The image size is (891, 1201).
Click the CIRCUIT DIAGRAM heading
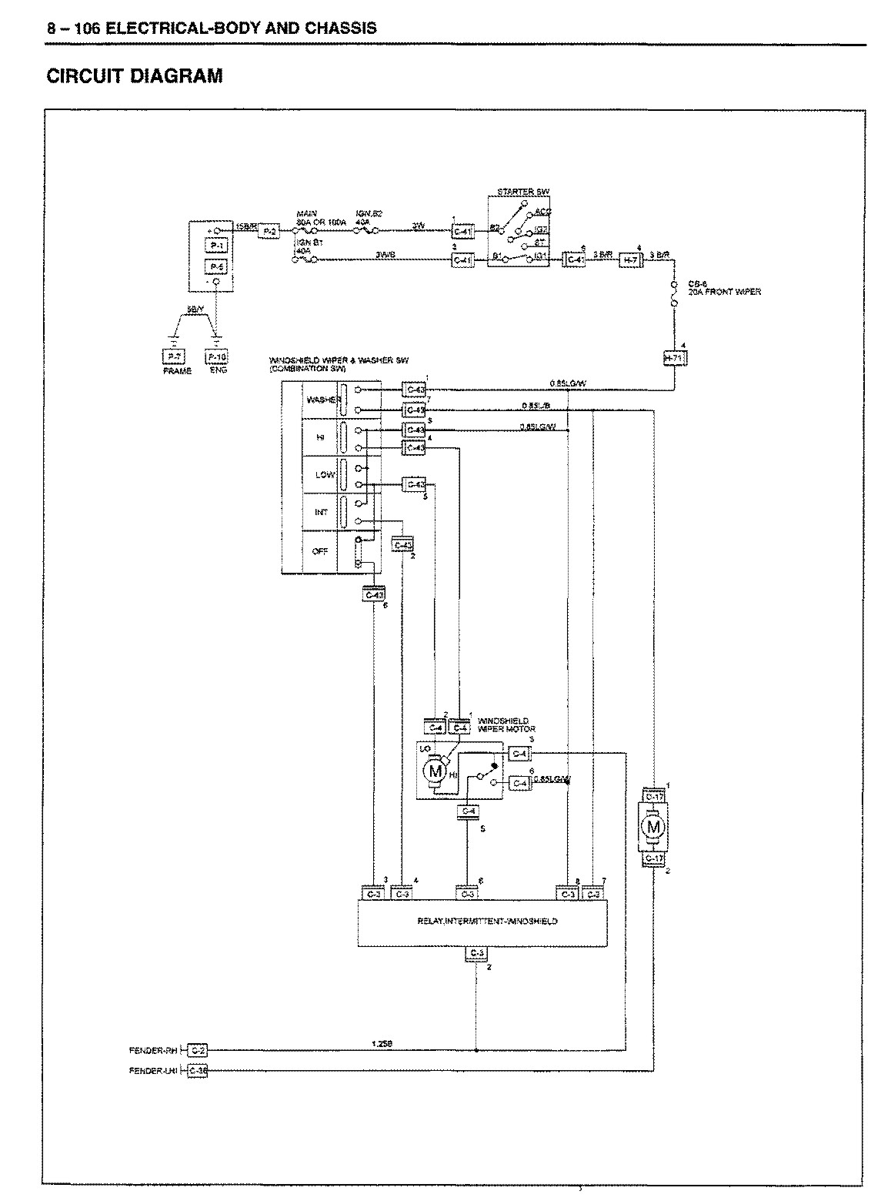(135, 76)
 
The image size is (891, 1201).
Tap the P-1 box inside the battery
(216, 246)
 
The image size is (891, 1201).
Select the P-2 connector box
(269, 231)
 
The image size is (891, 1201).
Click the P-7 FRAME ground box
(170, 356)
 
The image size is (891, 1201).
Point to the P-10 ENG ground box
(216, 356)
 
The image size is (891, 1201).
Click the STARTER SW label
(523, 192)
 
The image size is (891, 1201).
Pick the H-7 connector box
(630, 261)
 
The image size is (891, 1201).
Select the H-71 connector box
(676, 358)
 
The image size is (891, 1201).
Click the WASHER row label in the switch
(320, 400)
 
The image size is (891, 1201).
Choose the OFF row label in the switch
(320, 552)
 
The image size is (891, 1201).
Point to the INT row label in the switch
(321, 512)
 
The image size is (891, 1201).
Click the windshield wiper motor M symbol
(435, 770)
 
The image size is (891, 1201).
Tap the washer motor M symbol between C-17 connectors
(654, 827)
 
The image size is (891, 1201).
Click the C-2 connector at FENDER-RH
(197, 1050)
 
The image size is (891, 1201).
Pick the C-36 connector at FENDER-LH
(197, 1070)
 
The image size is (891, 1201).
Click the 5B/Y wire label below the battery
(195, 309)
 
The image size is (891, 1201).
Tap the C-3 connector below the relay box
(476, 955)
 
